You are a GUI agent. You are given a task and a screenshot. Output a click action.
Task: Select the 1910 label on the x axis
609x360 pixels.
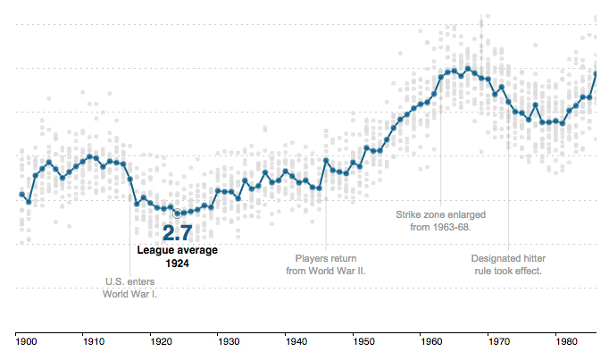92,340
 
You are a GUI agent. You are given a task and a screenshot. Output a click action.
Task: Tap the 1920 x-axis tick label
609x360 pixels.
160,340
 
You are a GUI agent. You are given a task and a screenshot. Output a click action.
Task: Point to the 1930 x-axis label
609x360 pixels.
228,340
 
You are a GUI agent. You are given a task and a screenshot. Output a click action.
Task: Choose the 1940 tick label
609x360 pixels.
296,340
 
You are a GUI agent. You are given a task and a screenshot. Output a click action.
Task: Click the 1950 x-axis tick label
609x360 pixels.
363,340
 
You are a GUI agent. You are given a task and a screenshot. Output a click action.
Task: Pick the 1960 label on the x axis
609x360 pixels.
431,340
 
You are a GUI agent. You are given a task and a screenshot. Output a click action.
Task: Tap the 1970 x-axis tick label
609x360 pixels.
499,340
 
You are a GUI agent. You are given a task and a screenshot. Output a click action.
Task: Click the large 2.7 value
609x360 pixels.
176,233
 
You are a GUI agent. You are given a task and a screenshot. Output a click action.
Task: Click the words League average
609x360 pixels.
176,250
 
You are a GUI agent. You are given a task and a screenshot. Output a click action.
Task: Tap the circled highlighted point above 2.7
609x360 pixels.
177,213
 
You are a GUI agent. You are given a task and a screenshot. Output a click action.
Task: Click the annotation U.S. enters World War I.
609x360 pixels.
129,286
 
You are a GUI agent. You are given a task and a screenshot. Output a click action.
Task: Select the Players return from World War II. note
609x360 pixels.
326,264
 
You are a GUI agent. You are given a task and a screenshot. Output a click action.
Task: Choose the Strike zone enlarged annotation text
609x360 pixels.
441,221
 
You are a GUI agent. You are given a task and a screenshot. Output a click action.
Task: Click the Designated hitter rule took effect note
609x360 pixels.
507,264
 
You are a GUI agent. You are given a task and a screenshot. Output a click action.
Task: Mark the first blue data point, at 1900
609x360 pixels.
22,194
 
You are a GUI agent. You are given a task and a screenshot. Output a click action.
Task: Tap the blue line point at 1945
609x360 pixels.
327,161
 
